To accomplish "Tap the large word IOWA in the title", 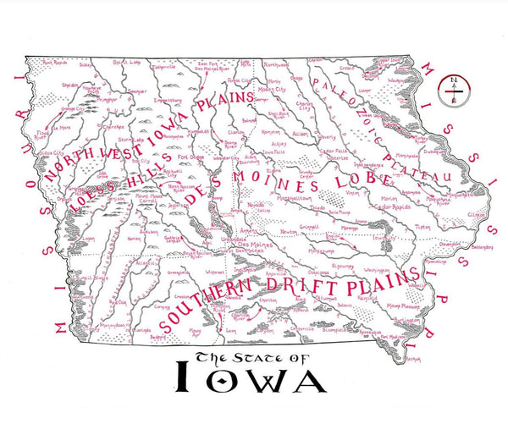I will pos(251,379).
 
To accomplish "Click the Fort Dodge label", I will pos(190,157).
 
